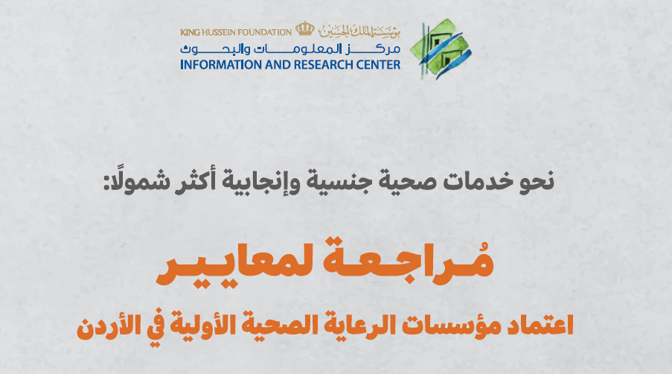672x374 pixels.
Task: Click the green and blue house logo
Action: click(x=440, y=49)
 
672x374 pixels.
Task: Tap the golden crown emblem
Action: click(x=304, y=29)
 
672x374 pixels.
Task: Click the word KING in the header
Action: click(x=190, y=33)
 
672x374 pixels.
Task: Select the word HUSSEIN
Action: click(x=218, y=33)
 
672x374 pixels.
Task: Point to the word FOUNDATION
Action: click(x=264, y=33)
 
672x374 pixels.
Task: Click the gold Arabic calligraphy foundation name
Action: click(x=359, y=30)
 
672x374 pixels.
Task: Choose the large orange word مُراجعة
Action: click(x=408, y=261)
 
